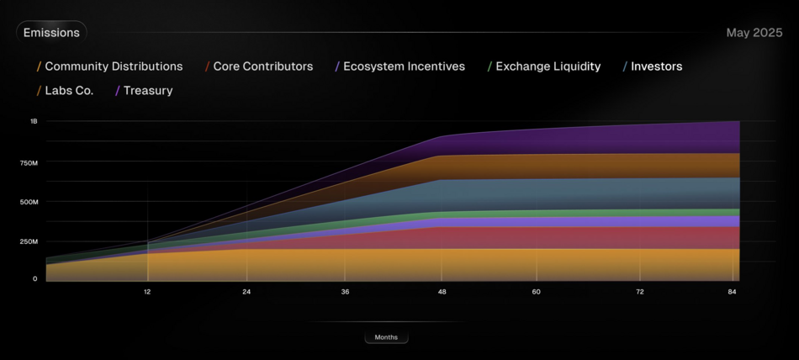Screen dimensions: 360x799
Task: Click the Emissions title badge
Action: [51, 33]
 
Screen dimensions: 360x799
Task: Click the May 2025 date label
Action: [754, 33]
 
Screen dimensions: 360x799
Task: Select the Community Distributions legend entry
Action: [113, 66]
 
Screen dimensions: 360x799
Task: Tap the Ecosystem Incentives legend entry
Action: [403, 66]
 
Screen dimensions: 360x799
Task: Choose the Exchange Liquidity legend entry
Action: [548, 66]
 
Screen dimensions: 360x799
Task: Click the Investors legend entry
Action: [656, 66]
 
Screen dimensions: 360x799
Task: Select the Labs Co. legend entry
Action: [68, 91]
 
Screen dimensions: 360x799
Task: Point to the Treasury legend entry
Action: [147, 91]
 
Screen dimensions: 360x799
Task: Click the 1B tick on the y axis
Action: [34, 121]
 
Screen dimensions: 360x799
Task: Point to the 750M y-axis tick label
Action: [28, 162]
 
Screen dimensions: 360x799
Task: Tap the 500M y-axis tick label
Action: [28, 202]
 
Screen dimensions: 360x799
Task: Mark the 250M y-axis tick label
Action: [28, 241]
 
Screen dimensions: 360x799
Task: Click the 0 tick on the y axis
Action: [34, 278]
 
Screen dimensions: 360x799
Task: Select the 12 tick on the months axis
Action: [147, 292]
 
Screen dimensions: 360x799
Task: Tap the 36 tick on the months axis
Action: [345, 292]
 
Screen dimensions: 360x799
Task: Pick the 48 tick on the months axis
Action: [442, 292]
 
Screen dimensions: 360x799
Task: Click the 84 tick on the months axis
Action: [733, 292]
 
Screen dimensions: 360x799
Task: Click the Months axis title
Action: [386, 337]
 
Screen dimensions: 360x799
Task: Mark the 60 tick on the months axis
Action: [537, 292]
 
